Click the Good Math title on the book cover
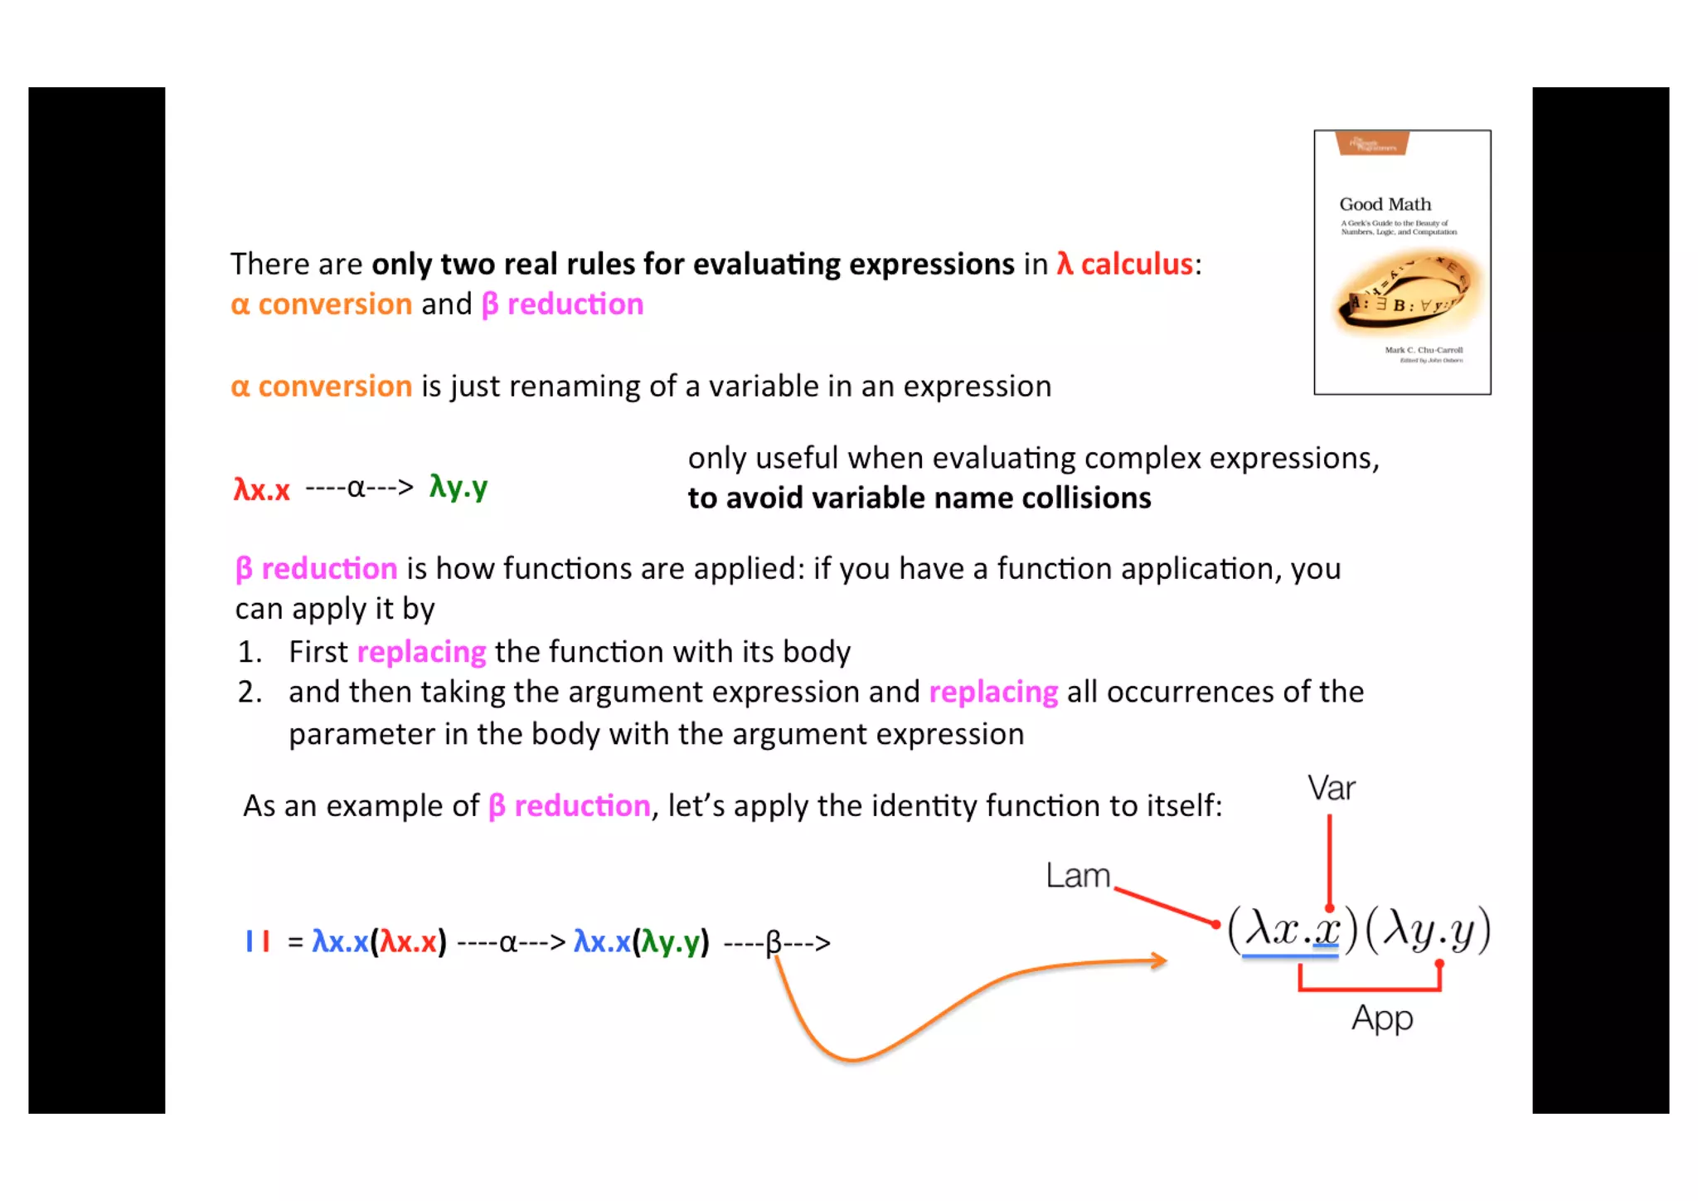point(1385,204)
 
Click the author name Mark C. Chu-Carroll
point(1424,350)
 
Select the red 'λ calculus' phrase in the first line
point(1124,264)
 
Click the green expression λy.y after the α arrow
point(458,487)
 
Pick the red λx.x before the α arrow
point(261,489)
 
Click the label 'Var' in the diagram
point(1331,788)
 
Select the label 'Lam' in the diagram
point(1077,876)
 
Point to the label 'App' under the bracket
point(1381,1018)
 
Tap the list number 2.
point(249,692)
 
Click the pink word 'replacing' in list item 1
point(421,652)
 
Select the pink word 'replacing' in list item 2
point(992,692)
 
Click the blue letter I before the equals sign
point(249,941)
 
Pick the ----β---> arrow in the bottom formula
point(777,943)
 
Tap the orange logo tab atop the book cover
point(1372,143)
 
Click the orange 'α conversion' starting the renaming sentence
point(321,387)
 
